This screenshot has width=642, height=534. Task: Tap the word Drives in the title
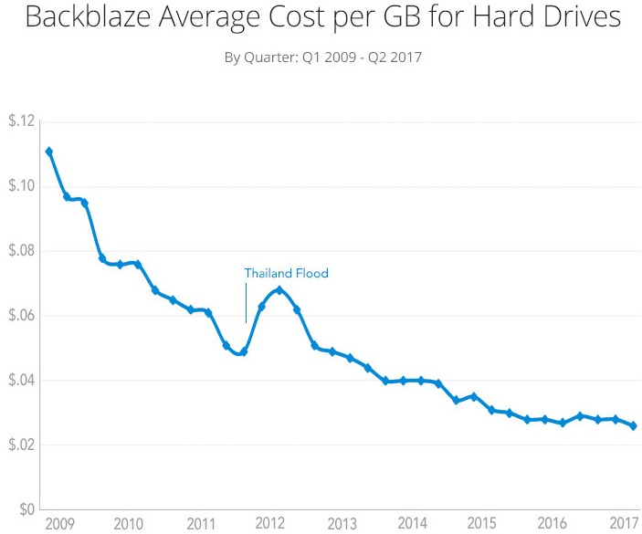pos(576,18)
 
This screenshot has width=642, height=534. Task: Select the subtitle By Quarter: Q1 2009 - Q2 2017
pos(322,58)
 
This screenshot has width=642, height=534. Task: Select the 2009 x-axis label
pos(58,525)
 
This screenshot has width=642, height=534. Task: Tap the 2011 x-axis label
pos(200,525)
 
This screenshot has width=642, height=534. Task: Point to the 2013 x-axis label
pos(342,525)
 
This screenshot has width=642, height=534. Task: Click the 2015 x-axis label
pos(481,525)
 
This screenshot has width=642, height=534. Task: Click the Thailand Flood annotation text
pos(286,273)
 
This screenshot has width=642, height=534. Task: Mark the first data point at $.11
pos(48,152)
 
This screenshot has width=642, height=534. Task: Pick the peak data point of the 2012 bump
pos(279,290)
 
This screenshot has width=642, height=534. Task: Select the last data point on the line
pos(634,425)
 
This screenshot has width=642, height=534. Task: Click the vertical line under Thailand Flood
pos(245,303)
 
